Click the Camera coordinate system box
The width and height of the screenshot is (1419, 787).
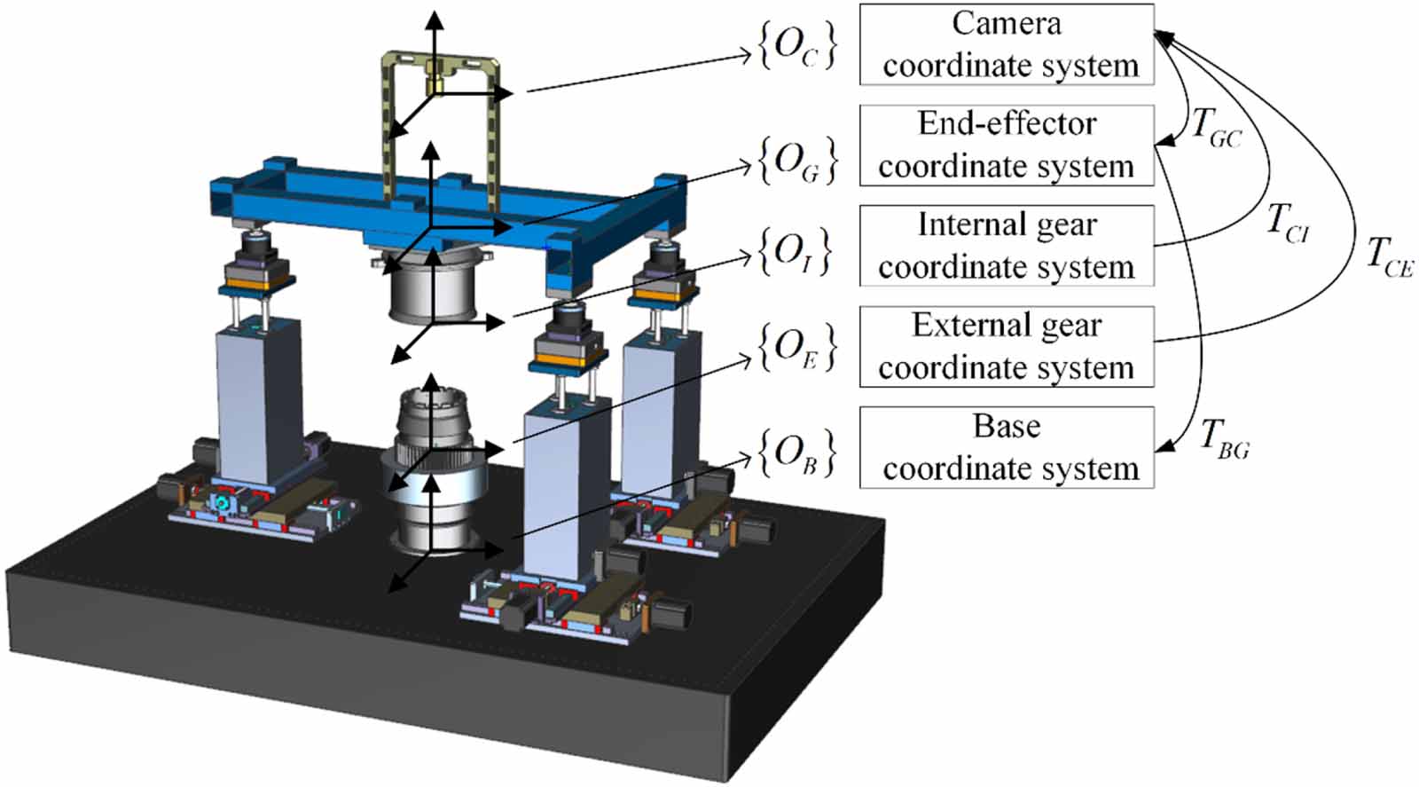pyautogui.click(x=1007, y=44)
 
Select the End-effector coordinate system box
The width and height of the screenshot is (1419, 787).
pyautogui.click(x=1007, y=146)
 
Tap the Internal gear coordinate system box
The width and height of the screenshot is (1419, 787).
pyautogui.click(x=1007, y=246)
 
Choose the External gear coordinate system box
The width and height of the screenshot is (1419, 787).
pyautogui.click(x=1007, y=347)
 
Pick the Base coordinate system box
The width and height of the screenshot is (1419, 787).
pyautogui.click(x=1007, y=447)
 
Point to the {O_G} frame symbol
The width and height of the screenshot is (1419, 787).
pyautogui.click(x=796, y=161)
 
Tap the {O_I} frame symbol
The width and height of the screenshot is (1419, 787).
pyautogui.click(x=795, y=252)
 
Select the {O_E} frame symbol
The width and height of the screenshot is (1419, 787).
pyautogui.click(x=796, y=347)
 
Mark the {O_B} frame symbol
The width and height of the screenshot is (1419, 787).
pyautogui.click(x=796, y=453)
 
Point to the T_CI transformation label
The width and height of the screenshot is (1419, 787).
pyautogui.click(x=1288, y=222)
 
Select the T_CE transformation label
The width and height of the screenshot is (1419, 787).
pyautogui.click(x=1389, y=257)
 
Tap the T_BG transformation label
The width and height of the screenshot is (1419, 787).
pyautogui.click(x=1225, y=439)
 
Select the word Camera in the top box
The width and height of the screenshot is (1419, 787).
pyautogui.click(x=1007, y=24)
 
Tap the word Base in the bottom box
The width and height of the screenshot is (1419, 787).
pyautogui.click(x=1007, y=427)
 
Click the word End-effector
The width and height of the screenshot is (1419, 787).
pyautogui.click(x=1007, y=124)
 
